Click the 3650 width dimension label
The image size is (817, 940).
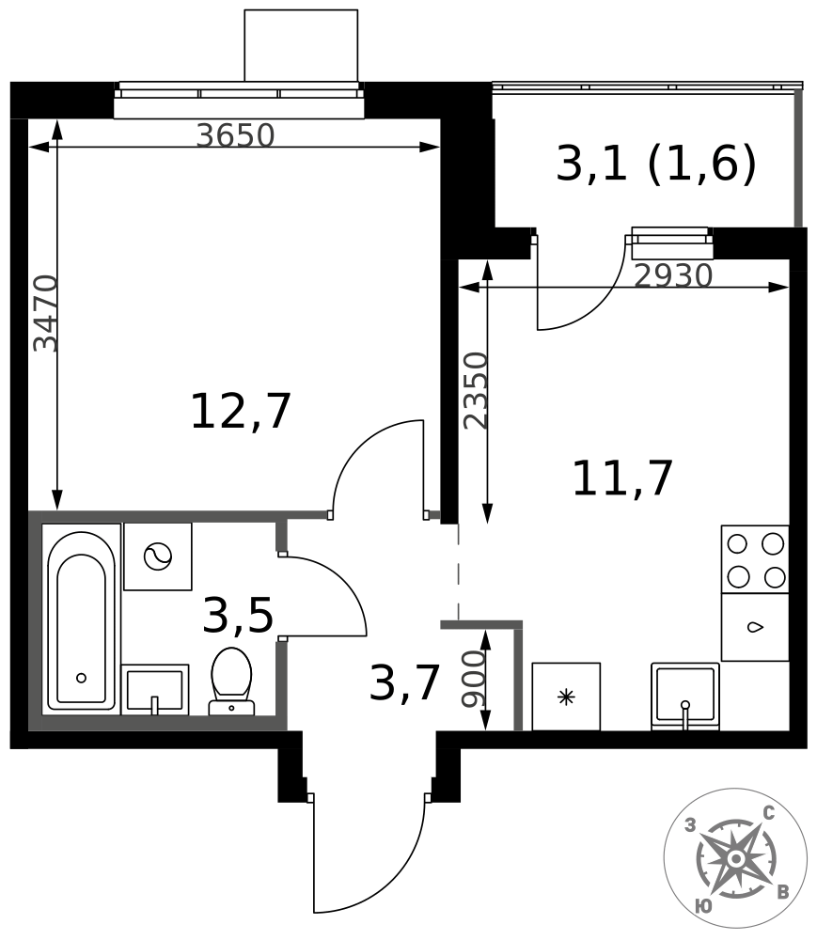236,135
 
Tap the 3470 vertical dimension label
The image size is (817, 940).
45,313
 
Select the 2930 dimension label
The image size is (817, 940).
673,275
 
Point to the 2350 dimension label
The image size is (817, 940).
477,390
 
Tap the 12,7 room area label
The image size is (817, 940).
241,412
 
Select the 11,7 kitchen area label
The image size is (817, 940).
623,478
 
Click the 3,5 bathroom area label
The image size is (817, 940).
238,616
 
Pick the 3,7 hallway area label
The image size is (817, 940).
405,682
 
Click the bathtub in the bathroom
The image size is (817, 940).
82,619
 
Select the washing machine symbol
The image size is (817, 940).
158,556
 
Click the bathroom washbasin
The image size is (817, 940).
155,689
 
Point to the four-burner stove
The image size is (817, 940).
755,560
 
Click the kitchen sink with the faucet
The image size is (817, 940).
685,697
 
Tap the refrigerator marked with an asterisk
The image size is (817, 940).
566,697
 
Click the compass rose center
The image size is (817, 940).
735,860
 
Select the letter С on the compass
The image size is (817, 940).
768,813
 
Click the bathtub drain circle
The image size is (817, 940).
81,678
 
